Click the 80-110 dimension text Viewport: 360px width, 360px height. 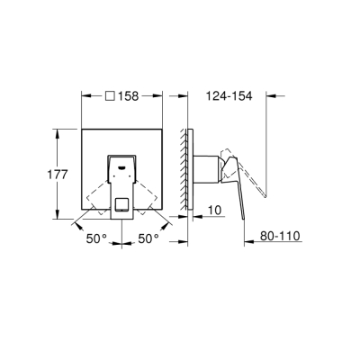coord(278,237)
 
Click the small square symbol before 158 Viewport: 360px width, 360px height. coord(109,95)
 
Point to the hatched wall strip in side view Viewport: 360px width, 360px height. coord(185,171)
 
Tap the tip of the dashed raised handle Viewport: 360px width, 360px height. coord(265,197)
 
